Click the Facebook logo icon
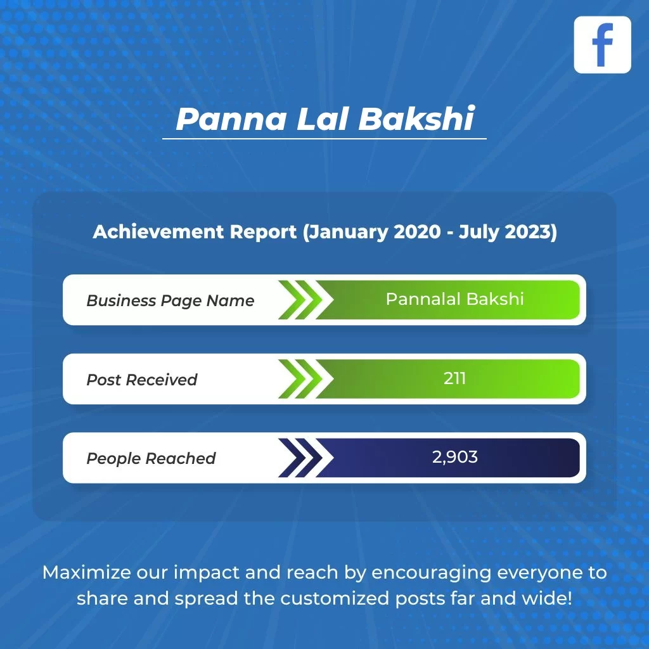click(x=602, y=45)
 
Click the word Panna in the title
click(x=231, y=119)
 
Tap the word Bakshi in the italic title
click(x=416, y=119)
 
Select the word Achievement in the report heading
click(x=158, y=231)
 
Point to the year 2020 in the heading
click(x=417, y=231)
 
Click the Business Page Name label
click(x=170, y=301)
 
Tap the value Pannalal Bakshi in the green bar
click(x=455, y=299)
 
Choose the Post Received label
click(x=141, y=380)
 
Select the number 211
click(x=454, y=378)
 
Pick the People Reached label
click(x=151, y=458)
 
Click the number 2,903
click(x=455, y=458)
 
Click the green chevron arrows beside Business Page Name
click(x=305, y=300)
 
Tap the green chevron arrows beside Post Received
click(x=305, y=379)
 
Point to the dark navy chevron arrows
click(x=305, y=458)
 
